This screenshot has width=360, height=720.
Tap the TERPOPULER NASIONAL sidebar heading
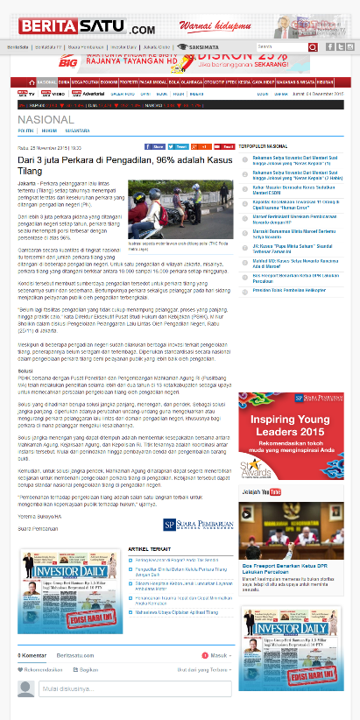pos(265,145)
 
